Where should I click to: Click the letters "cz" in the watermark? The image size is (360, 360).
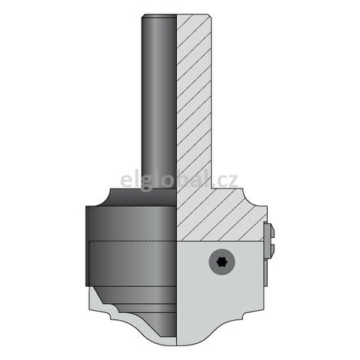pyautogui.click(x=228, y=182)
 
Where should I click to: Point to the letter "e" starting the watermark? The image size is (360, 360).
pyautogui.click(x=126, y=182)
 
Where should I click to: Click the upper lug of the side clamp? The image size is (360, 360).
pyautogui.click(x=267, y=229)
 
